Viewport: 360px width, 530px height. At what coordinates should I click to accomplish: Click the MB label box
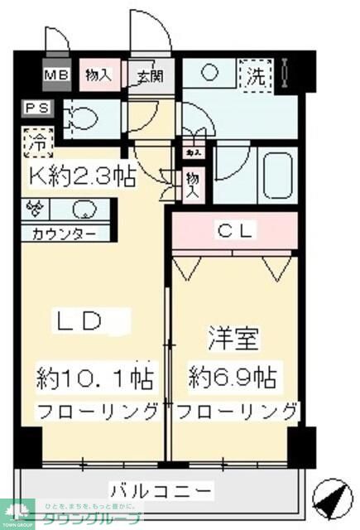point(57,75)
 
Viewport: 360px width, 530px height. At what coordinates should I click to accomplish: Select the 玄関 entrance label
point(150,76)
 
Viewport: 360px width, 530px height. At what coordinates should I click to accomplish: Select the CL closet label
point(237,229)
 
